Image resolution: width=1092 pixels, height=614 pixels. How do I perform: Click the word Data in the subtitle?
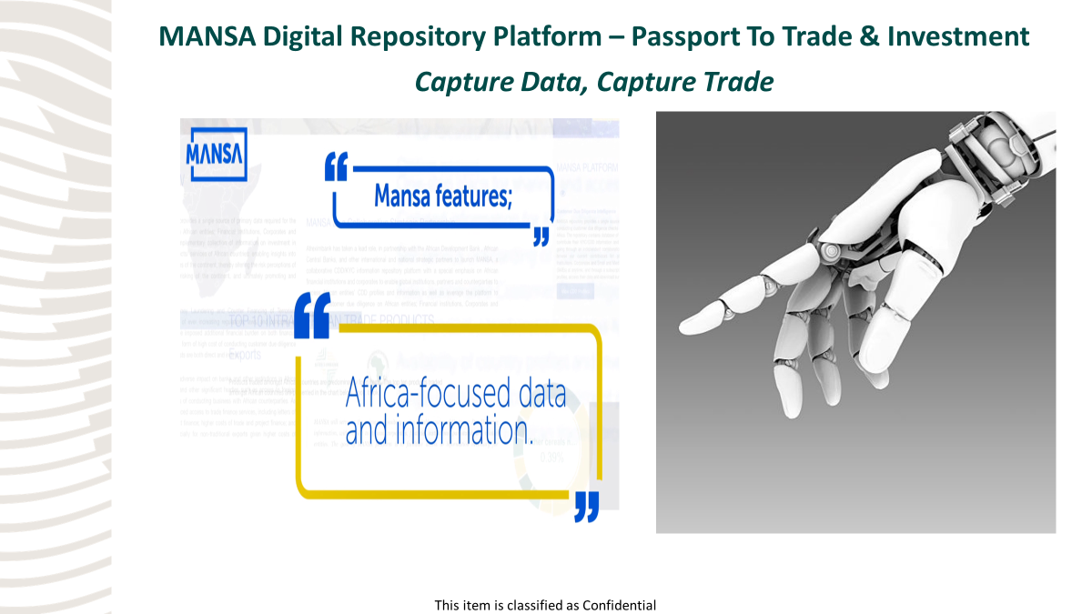(541, 82)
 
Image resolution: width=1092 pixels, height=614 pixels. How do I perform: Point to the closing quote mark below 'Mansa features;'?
(541, 236)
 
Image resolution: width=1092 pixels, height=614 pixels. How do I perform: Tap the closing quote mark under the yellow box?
(587, 507)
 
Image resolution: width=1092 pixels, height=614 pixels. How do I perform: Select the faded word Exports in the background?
(244, 354)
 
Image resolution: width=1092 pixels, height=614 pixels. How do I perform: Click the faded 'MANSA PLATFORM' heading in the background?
(586, 168)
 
